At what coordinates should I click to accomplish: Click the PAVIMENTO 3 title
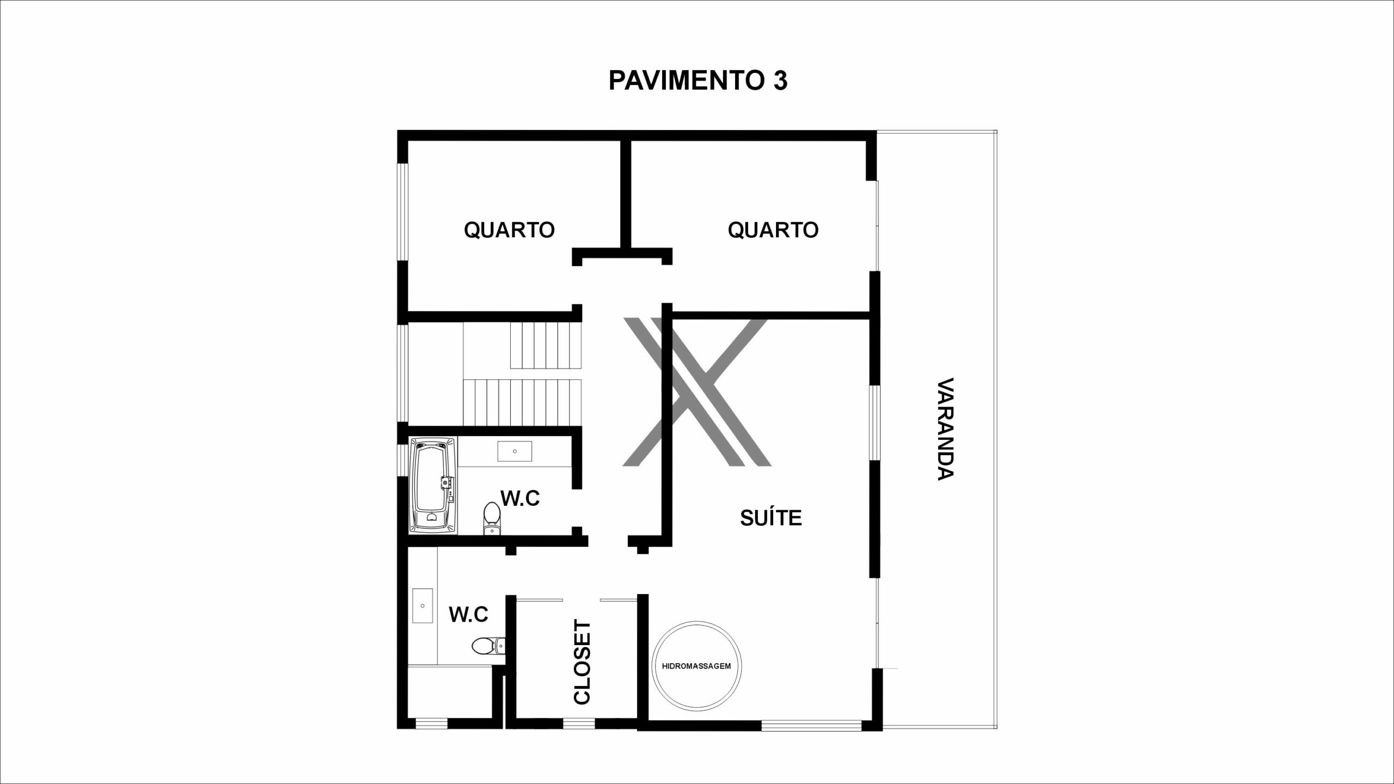tap(698, 81)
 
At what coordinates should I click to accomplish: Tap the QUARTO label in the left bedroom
tap(509, 230)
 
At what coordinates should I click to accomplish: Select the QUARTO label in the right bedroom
tap(773, 230)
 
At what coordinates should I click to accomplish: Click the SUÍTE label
tap(771, 518)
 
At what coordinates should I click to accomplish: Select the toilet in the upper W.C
tap(492, 519)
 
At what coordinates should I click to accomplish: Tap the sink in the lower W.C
tap(423, 606)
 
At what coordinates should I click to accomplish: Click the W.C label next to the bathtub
tap(520, 498)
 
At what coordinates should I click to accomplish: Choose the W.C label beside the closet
tap(468, 615)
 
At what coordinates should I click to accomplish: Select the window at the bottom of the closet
tap(579, 724)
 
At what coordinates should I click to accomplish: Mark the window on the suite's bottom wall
tap(811, 725)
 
